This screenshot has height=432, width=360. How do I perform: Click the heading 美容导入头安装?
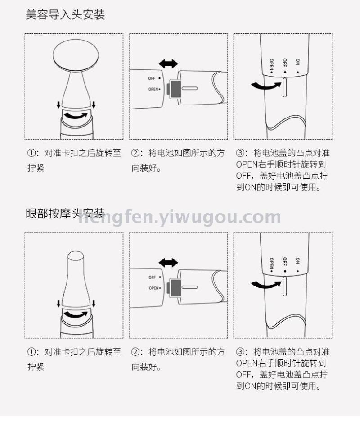coord(65,14)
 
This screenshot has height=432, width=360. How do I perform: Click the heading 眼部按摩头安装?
coord(65,214)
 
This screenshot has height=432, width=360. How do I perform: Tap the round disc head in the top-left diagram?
coord(76,55)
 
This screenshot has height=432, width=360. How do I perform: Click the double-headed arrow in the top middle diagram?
coord(168,64)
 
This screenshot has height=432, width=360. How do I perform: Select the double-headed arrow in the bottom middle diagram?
coord(168,263)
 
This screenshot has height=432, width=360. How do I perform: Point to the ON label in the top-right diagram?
coord(297,62)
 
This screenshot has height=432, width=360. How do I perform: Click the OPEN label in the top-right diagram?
coord(271,65)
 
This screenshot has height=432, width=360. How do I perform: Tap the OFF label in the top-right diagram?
coord(284,63)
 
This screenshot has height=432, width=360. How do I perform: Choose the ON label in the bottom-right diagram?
coord(297,261)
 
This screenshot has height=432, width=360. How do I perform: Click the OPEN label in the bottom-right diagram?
coord(271,264)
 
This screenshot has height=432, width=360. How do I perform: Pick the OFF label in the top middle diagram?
coord(152,78)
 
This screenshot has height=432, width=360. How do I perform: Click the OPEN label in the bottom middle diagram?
coord(153,288)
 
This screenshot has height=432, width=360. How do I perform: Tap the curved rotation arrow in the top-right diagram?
coord(266,86)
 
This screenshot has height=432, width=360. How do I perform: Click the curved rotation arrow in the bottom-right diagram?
coord(266,285)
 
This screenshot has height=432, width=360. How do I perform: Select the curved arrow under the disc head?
coord(76,116)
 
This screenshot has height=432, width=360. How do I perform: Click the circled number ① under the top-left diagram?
coord(31,153)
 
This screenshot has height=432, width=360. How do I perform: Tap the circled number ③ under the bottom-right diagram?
coord(240,352)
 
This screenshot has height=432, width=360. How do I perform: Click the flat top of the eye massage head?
coord(76,255)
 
